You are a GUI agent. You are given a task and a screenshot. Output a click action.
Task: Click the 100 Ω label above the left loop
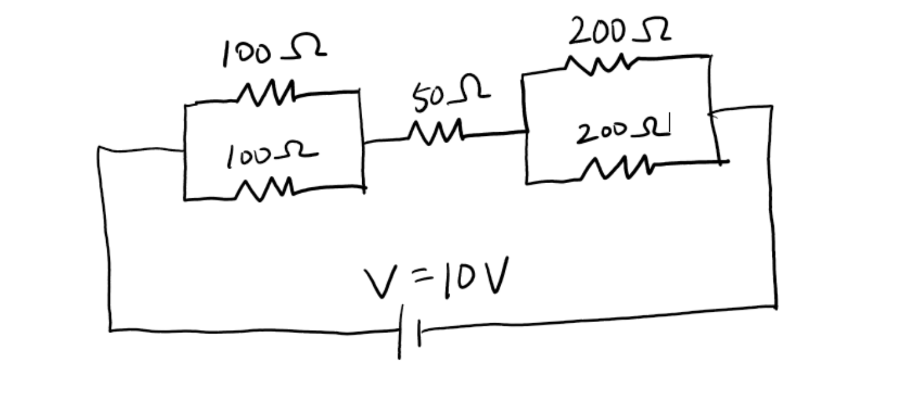(x=273, y=52)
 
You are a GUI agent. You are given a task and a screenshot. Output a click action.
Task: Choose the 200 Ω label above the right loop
(x=619, y=32)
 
